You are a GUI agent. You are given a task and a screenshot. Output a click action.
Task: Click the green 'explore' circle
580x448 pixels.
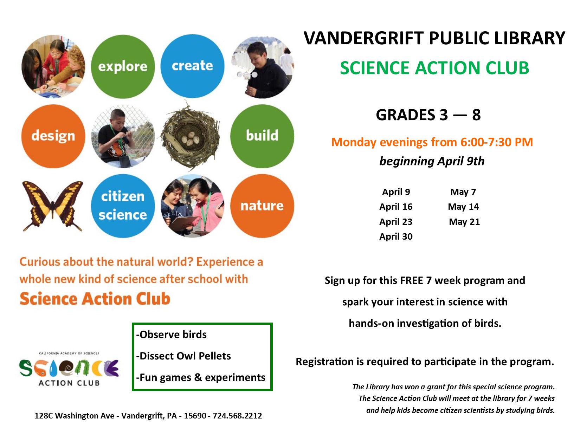tap(123, 66)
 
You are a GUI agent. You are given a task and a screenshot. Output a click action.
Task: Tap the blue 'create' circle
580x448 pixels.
tap(192, 66)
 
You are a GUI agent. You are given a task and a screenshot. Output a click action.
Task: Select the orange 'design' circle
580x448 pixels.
tap(53, 136)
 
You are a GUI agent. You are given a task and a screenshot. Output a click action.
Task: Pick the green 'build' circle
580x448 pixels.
tap(262, 136)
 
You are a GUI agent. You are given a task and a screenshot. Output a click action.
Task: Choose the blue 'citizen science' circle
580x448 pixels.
tap(123, 206)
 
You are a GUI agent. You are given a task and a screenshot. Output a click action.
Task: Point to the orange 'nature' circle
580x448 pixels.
tap(262, 206)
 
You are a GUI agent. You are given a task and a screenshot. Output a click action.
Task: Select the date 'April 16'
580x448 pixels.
tap(396, 207)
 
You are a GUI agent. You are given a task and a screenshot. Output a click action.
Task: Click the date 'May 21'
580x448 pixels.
tap(464, 222)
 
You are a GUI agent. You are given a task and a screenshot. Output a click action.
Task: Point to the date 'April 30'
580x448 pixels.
tap(396, 236)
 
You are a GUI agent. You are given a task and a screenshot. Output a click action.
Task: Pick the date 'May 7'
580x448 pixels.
tap(463, 192)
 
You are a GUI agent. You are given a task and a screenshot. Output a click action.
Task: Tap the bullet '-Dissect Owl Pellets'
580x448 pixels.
tap(183, 356)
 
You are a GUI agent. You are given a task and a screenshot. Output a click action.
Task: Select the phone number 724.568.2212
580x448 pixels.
tap(237, 416)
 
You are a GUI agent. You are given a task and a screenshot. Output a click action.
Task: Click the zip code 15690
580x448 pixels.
tap(195, 416)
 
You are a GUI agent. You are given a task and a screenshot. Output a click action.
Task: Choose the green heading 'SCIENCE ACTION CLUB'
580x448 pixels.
tap(434, 68)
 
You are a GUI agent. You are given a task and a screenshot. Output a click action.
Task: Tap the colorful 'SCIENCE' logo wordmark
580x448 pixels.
tap(69, 368)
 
